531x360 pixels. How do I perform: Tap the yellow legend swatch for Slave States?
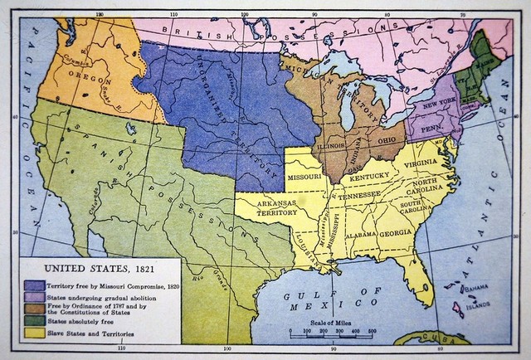coord(35,333)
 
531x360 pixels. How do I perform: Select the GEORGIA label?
coord(396,233)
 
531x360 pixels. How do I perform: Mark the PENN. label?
coord(432,129)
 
